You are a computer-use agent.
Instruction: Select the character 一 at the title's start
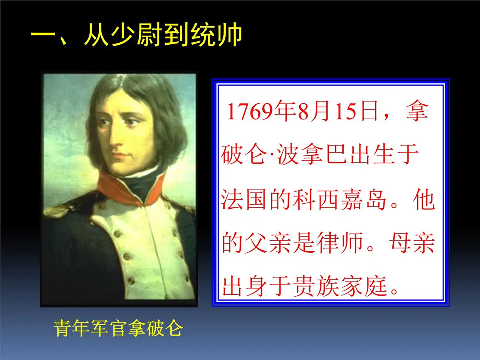click(44, 35)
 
